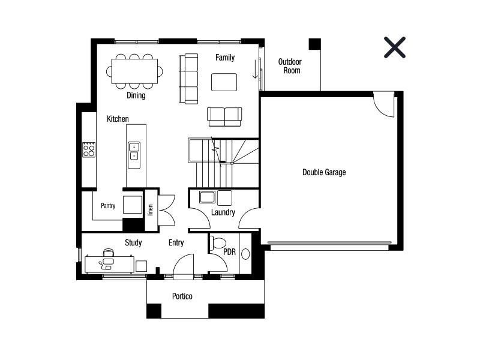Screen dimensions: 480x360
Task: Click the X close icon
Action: pyautogui.click(x=395, y=47)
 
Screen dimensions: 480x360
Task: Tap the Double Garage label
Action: pyautogui.click(x=324, y=172)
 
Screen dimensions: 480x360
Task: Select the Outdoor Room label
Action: pyautogui.click(x=290, y=66)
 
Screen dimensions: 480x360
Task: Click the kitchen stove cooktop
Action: pyautogui.click(x=89, y=149)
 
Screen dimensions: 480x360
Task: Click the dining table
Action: pyautogui.click(x=134, y=71)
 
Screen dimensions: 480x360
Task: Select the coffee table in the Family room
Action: pyautogui.click(x=224, y=82)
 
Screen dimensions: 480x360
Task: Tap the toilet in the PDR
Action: pyautogui.click(x=217, y=243)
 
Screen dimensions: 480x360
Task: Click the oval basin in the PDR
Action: pyautogui.click(x=245, y=254)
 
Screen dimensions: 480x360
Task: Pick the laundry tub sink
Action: pyautogui.click(x=207, y=197)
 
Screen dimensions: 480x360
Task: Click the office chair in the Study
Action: pyautogui.click(x=109, y=253)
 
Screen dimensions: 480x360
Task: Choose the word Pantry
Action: pyautogui.click(x=108, y=206)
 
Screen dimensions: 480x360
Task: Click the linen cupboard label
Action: pyautogui.click(x=151, y=210)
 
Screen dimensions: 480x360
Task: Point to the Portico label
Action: pyautogui.click(x=182, y=296)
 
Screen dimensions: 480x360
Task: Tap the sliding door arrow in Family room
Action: pyautogui.click(x=255, y=69)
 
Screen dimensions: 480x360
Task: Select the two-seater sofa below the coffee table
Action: pyautogui.click(x=224, y=116)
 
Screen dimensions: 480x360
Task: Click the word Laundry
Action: pyautogui.click(x=223, y=212)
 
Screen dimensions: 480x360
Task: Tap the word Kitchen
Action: pyautogui.click(x=118, y=119)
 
